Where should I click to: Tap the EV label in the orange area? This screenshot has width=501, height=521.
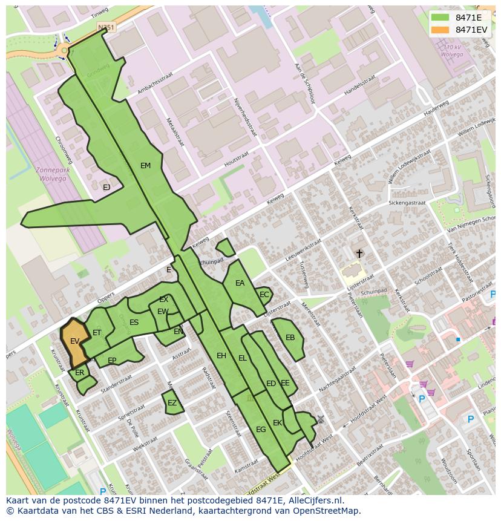[74, 341]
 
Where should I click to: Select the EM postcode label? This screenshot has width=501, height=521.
[145, 166]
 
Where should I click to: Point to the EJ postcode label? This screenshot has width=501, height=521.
[106, 188]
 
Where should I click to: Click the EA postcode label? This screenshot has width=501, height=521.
[240, 283]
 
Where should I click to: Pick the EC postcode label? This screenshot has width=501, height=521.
[264, 295]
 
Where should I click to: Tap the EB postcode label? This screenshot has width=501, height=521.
[290, 338]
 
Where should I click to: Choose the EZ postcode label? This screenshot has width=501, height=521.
[172, 403]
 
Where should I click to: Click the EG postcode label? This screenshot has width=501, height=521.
[261, 430]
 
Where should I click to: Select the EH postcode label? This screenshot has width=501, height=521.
[221, 356]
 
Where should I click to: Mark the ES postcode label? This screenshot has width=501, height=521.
[134, 323]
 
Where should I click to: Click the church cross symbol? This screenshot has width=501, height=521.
[359, 254]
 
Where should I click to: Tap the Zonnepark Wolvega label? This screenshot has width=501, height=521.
[53, 175]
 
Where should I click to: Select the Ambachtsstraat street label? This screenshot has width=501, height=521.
[156, 83]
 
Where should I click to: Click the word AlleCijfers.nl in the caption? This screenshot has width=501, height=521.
[314, 500]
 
